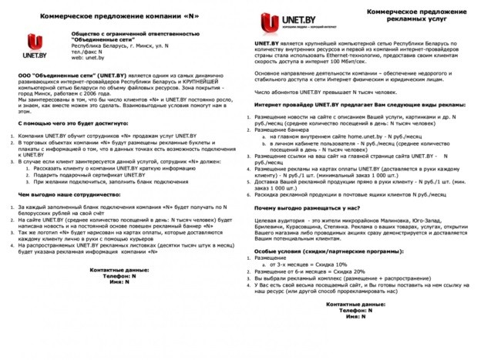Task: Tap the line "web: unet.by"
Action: [x=88, y=58]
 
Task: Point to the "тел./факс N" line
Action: [x=92, y=52]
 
